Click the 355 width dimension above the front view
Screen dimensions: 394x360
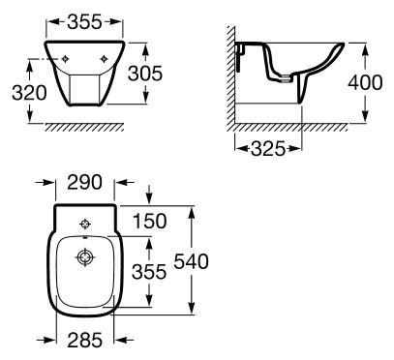click(84, 22)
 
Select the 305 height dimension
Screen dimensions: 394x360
click(145, 74)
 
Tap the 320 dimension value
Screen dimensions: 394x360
click(29, 93)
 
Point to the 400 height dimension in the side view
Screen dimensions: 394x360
click(365, 82)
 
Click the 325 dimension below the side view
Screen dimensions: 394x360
click(268, 149)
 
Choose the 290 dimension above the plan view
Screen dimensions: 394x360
click(84, 182)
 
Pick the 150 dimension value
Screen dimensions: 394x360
click(150, 222)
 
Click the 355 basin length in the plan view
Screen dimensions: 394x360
click(149, 271)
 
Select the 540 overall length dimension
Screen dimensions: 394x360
click(191, 261)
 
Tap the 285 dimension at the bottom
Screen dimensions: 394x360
click(85, 340)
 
